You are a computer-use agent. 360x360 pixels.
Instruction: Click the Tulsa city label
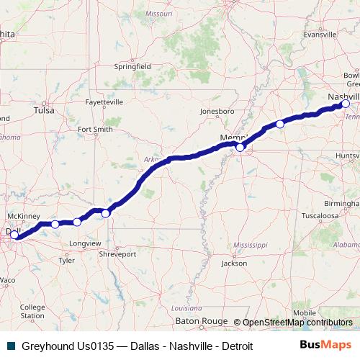coord(44,111)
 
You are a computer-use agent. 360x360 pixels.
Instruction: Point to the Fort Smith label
coord(95,130)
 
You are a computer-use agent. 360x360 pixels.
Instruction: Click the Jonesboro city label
coord(217,112)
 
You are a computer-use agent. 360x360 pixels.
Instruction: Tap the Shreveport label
coord(117,254)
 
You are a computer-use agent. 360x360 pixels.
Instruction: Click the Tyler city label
coord(66,261)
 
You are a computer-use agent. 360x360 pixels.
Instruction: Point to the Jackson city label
coord(234,264)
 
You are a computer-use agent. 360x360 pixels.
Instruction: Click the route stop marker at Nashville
coord(346,104)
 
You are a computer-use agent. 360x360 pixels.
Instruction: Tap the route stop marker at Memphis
coord(240,147)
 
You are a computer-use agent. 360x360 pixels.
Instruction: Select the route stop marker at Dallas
coord(14,235)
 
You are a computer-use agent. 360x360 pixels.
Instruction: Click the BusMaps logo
coord(326,345)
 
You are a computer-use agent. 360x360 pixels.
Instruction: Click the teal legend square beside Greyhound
coord(11,346)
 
